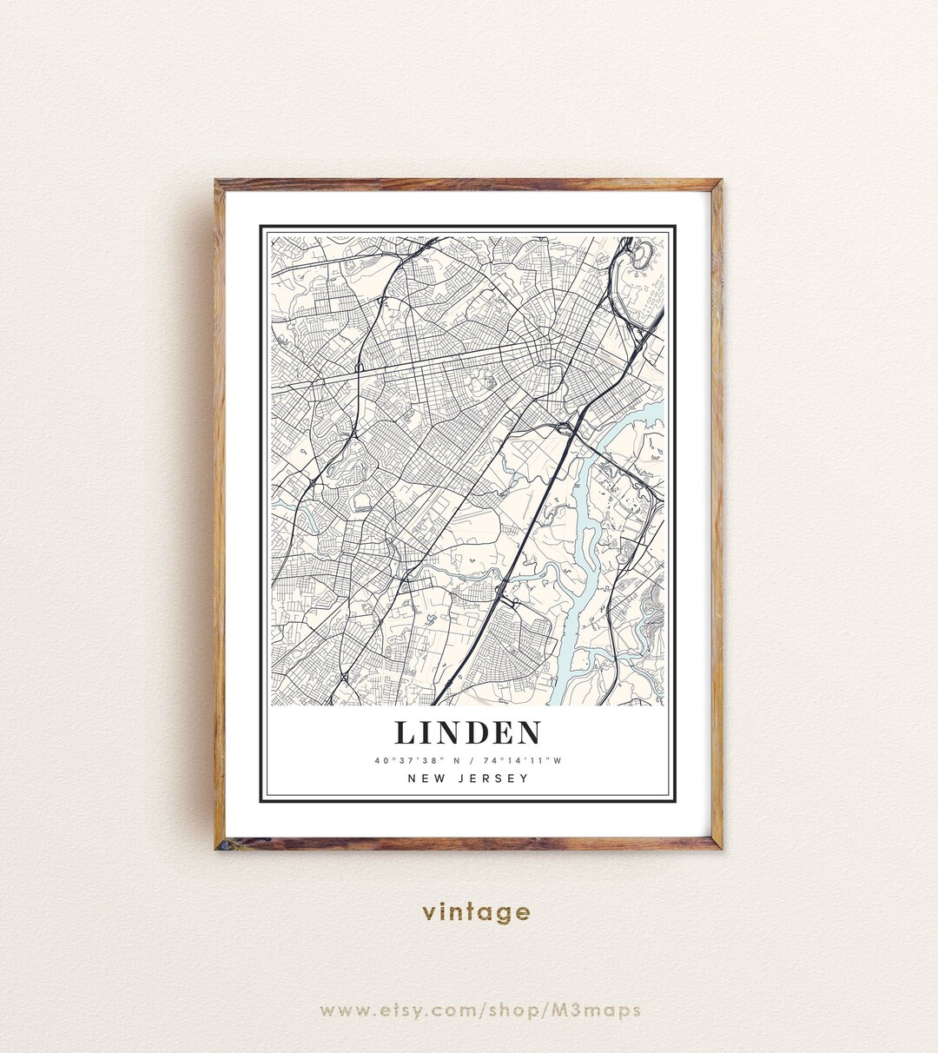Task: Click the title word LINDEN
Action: (468, 732)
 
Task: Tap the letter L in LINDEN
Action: (405, 732)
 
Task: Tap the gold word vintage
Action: (476, 912)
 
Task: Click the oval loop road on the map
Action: (641, 254)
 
